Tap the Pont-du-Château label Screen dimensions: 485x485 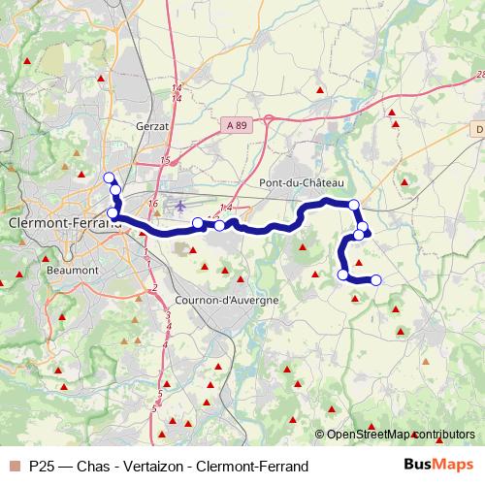click(302, 182)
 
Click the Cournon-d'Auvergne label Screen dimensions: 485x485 click(227, 300)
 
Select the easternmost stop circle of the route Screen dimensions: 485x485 click(376, 280)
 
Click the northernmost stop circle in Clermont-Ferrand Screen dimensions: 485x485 click(108, 178)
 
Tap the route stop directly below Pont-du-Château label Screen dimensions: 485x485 click(354, 205)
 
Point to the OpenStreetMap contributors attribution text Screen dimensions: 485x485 click(400, 435)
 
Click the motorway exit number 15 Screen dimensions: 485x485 click(166, 159)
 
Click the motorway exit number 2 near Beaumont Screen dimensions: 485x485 click(153, 288)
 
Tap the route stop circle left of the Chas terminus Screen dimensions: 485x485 click(342, 275)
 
